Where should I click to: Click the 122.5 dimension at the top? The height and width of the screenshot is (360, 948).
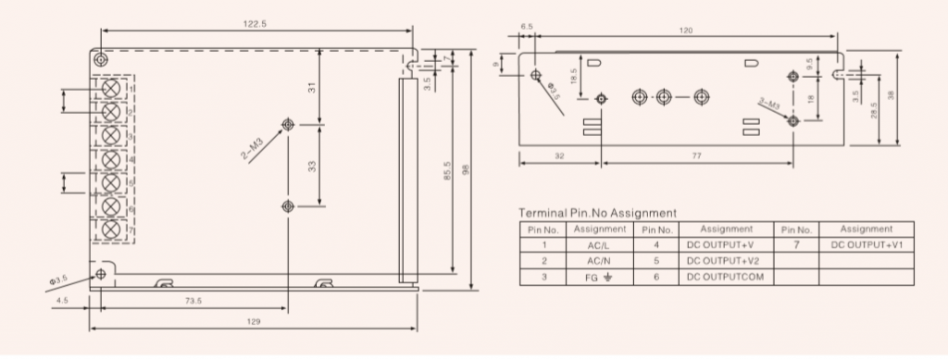tap(255, 24)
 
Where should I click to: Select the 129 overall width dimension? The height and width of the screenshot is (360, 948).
tap(254, 321)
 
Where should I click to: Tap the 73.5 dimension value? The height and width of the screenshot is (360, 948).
tap(193, 301)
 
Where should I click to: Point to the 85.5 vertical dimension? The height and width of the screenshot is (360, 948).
tap(447, 170)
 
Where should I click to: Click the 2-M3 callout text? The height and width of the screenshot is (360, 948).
tap(253, 149)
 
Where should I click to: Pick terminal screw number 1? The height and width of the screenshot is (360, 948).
tap(110, 89)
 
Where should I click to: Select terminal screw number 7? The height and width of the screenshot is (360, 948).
tap(110, 230)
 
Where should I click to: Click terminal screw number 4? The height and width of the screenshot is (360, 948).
tap(110, 159)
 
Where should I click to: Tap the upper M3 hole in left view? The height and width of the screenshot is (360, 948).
tap(289, 124)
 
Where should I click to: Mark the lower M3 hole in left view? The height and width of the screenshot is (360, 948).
tap(289, 206)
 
